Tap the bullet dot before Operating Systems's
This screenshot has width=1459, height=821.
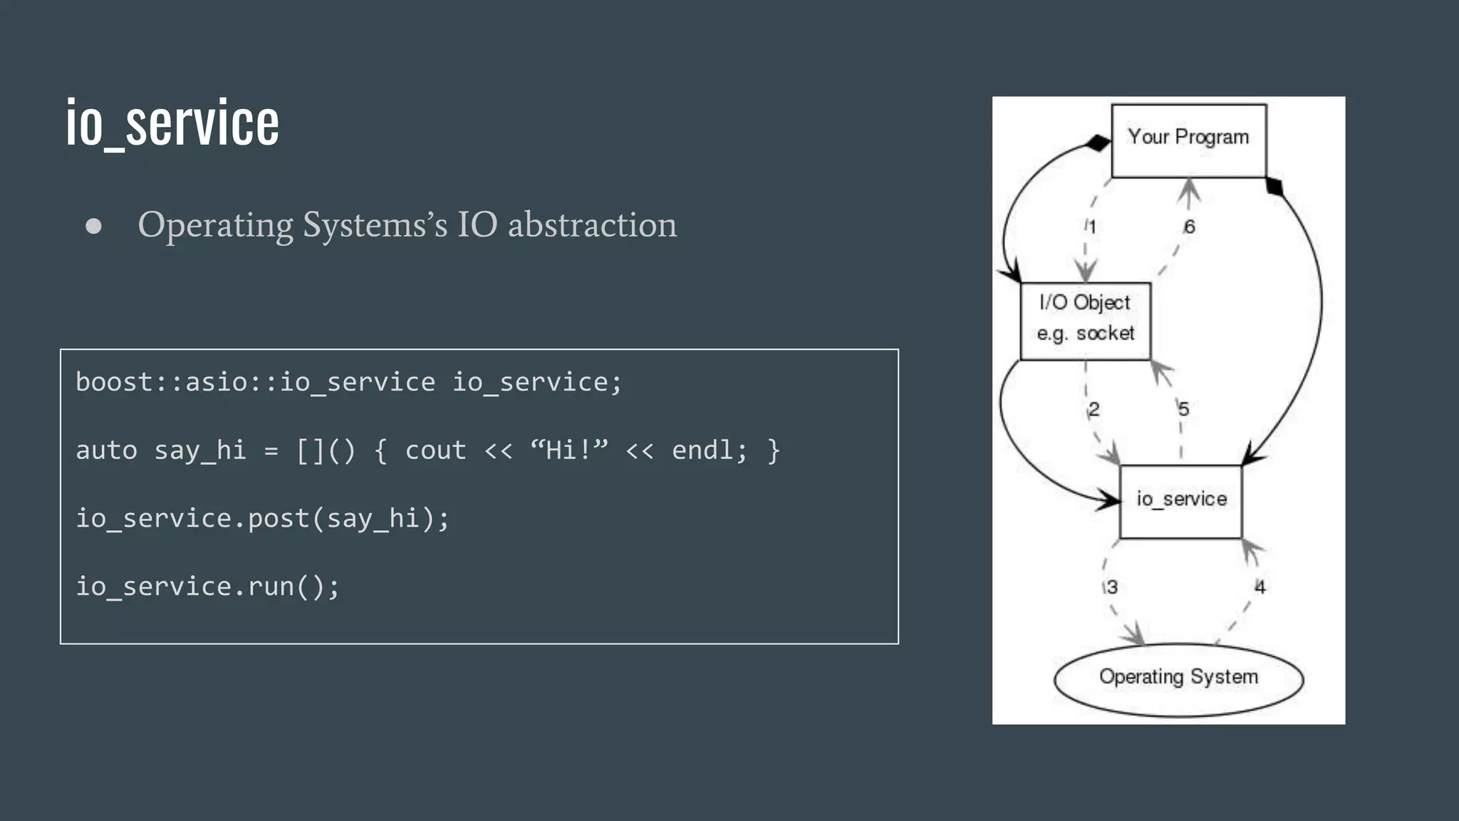coord(93,227)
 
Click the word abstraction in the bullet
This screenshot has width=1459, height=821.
coord(592,225)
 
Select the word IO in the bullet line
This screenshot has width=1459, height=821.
coord(477,225)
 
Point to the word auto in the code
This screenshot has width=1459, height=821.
coord(106,450)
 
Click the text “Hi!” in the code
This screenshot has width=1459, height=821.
coord(569,450)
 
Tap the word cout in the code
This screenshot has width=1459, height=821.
coord(435,450)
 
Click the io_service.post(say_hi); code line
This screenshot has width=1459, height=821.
coord(263,519)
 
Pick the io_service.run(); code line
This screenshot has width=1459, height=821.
coord(208,587)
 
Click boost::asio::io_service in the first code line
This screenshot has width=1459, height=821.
coord(255,383)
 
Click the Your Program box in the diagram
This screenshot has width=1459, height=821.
coord(1188,140)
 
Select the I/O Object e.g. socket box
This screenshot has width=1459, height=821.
coord(1085,321)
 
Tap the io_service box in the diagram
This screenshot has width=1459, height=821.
coord(1180,501)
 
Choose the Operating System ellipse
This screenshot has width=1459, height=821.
coord(1178,678)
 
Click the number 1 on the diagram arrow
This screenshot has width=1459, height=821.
coord(1092,227)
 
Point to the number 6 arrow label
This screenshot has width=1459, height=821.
coord(1189,227)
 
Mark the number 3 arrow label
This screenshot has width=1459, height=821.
coord(1112,587)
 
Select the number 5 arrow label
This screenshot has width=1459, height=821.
coord(1183,409)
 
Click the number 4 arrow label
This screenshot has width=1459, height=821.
coord(1260,587)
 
